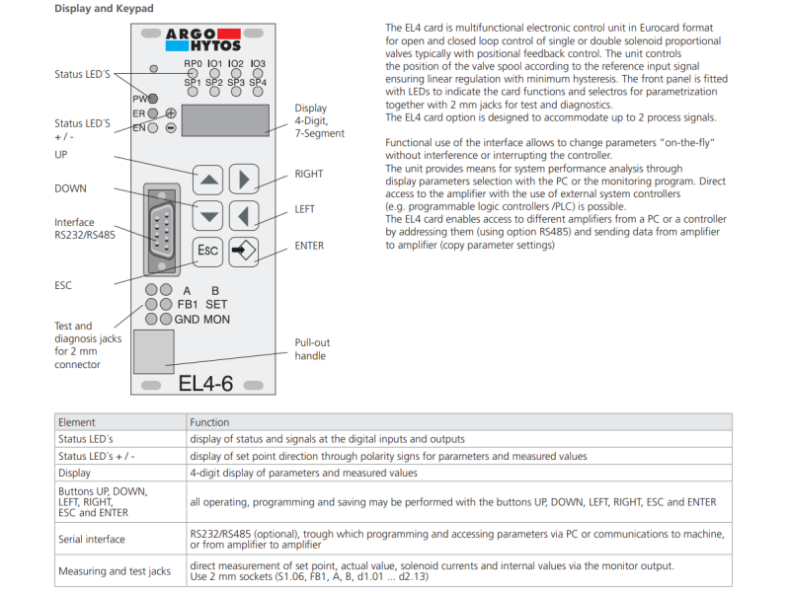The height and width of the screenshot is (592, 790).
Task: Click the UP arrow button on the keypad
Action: point(208,181)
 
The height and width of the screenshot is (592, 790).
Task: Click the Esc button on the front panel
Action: point(208,251)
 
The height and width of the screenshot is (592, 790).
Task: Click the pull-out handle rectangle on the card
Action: point(154,352)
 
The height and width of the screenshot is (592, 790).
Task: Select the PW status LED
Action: point(153,99)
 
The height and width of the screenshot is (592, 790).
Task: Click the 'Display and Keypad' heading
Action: point(104,9)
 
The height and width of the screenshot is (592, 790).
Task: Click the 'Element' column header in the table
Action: point(77,422)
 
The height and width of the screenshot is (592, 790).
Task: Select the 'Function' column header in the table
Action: point(209,422)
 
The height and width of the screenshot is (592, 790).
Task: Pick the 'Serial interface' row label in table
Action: point(93,540)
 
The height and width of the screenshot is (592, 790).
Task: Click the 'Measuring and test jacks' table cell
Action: point(109,571)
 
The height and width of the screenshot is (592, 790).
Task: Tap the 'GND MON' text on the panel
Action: point(202,320)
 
